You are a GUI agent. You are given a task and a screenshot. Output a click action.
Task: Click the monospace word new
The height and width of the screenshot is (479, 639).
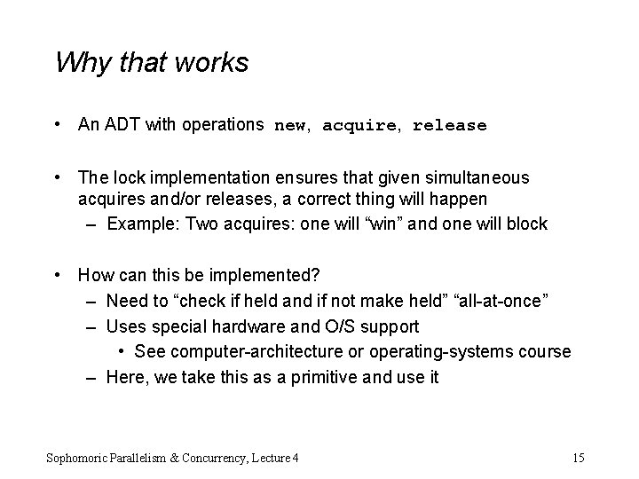pyautogui.click(x=290, y=126)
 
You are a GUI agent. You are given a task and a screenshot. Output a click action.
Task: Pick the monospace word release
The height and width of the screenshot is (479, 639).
pyautogui.click(x=449, y=126)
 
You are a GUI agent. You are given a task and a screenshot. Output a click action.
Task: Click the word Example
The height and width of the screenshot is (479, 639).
pyautogui.click(x=138, y=224)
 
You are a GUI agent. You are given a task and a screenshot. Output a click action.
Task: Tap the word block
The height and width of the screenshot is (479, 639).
pyautogui.click(x=526, y=224)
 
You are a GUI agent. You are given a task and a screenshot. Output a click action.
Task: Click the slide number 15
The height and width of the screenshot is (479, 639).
pyautogui.click(x=578, y=458)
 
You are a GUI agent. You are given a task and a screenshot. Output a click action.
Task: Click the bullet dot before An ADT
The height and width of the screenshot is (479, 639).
pyautogui.click(x=58, y=125)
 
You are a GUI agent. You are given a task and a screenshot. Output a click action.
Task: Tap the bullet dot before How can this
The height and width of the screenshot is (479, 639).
pyautogui.click(x=58, y=276)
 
